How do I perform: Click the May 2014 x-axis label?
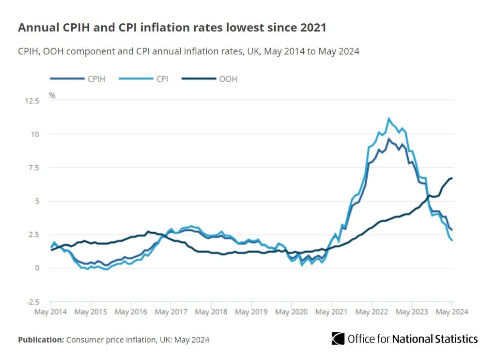tap(51, 312)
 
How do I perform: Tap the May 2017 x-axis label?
tap(171, 312)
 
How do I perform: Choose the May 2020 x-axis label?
tap(291, 312)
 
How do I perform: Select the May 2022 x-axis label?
tap(372, 312)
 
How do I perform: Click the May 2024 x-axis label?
tap(452, 312)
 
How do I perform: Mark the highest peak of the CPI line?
tap(388, 118)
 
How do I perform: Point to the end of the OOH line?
tap(452, 178)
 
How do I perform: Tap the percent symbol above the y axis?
tap(52, 95)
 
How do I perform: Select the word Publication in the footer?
tap(41, 340)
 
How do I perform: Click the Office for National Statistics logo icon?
tap(338, 338)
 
